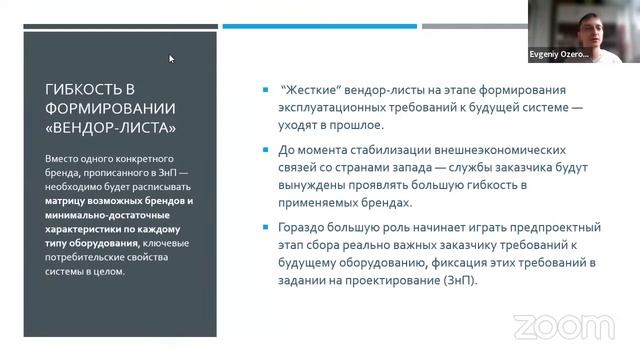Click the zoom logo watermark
pyautogui.click(x=550, y=327)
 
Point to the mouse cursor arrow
pyautogui.click(x=171, y=58)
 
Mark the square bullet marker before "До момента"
pyautogui.click(x=263, y=151)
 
